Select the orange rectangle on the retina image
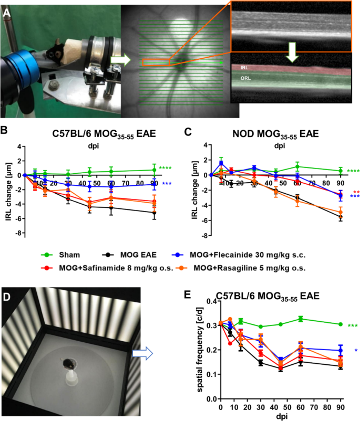coord(156,62)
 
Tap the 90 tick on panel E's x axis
coord(341,407)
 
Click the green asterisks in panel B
coord(166,168)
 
